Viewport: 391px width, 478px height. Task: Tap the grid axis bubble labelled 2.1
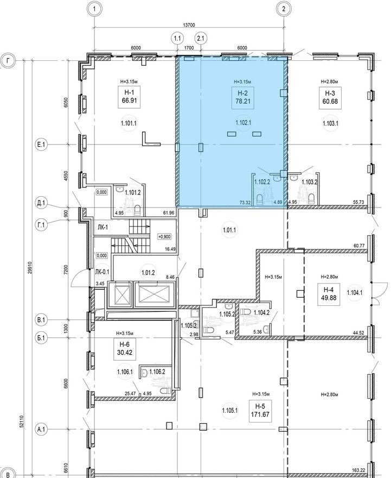[x=201, y=38]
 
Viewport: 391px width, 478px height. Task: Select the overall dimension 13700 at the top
[x=189, y=24]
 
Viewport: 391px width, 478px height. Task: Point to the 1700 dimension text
[x=189, y=48]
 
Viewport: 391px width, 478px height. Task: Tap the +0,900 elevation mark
[x=164, y=237]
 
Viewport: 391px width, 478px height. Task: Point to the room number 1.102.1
[x=243, y=123]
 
